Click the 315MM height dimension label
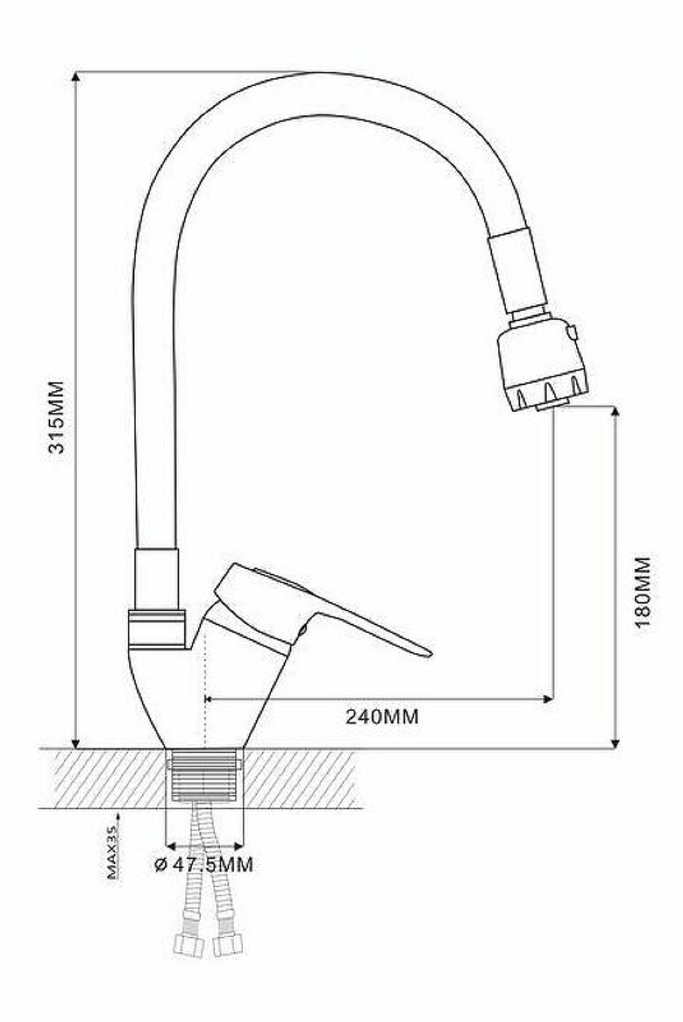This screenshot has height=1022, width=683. pyautogui.click(x=55, y=418)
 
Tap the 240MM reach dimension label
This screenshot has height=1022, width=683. pyautogui.click(x=382, y=716)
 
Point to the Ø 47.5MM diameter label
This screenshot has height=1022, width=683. pyautogui.click(x=204, y=864)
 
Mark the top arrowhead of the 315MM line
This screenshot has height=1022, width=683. pyautogui.click(x=76, y=77)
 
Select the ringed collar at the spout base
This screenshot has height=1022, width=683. pyautogui.click(x=156, y=628)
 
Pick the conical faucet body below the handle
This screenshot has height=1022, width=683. pyautogui.click(x=205, y=690)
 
